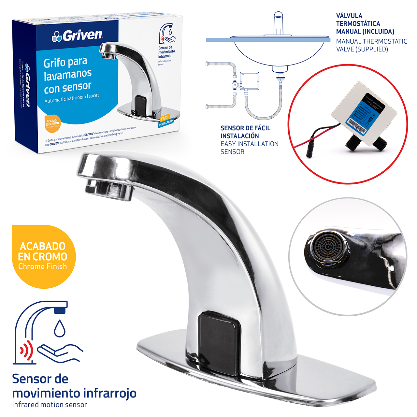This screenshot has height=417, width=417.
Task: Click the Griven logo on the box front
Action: point(78,35)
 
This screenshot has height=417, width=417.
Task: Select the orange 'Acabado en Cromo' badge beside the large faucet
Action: point(43,256)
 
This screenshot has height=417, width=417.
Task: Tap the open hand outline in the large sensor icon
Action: point(60,352)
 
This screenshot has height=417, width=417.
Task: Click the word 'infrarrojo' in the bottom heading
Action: point(110,393)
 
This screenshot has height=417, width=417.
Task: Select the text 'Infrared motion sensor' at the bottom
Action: point(50,405)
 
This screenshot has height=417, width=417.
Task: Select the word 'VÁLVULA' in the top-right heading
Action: point(349,16)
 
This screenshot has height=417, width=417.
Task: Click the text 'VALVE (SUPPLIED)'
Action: point(362,50)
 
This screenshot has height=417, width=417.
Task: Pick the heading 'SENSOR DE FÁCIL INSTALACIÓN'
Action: point(245,132)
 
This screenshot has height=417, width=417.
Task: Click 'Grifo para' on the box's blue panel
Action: point(65,62)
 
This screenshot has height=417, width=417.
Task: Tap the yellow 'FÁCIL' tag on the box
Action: point(165,118)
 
